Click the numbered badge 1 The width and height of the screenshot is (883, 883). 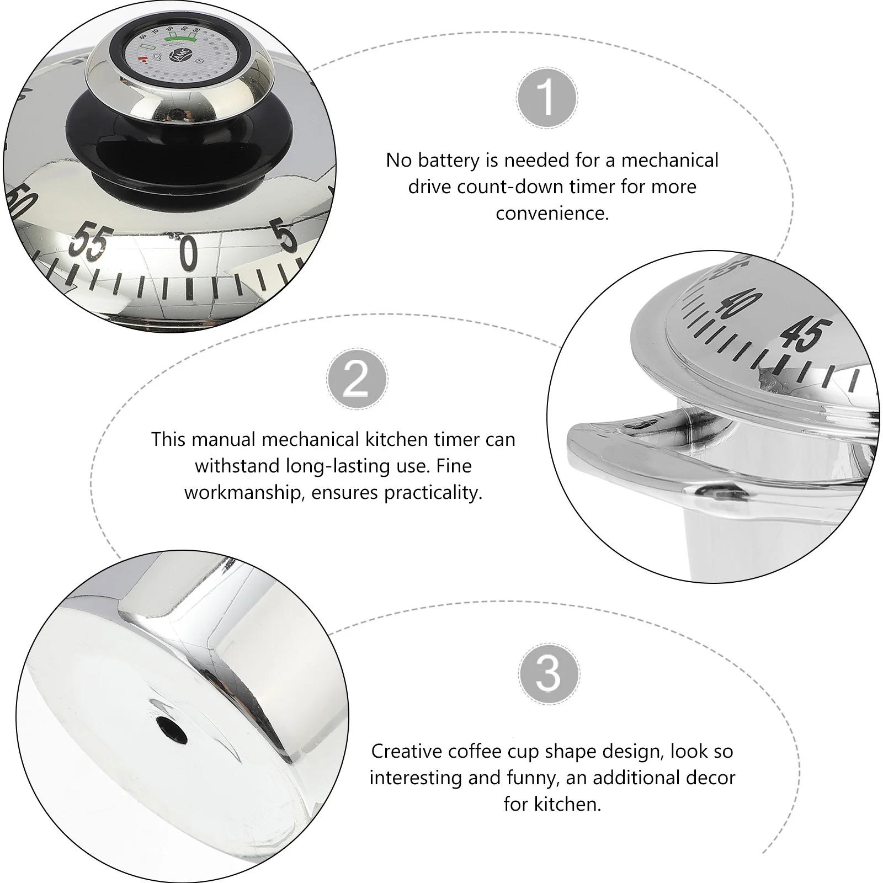[x=547, y=98]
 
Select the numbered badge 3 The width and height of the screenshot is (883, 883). [x=549, y=674]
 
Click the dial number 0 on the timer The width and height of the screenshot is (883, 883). [x=189, y=253]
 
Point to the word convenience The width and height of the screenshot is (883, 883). [x=552, y=213]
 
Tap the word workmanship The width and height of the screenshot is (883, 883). [x=244, y=492]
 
